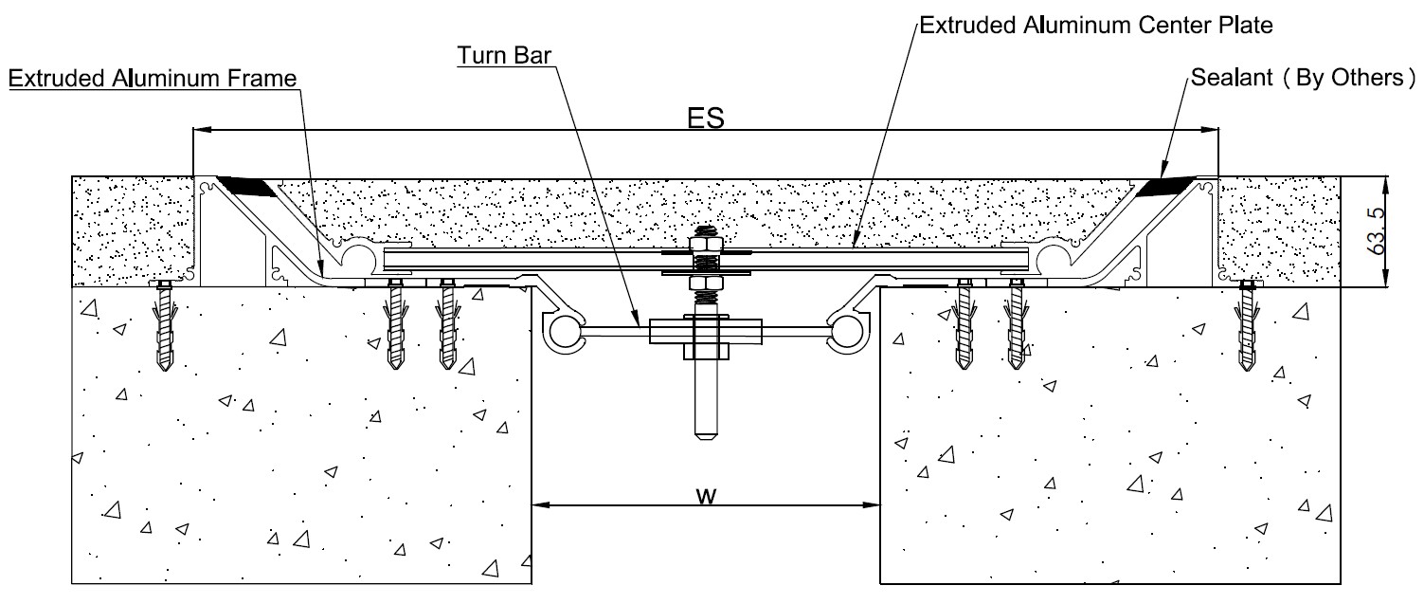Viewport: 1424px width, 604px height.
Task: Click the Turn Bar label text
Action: coord(503,55)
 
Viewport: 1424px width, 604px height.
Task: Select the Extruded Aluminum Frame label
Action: coord(153,79)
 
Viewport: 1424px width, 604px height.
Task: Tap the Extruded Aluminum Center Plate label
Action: coord(1096,25)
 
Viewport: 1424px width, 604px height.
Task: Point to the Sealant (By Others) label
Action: coord(1304,77)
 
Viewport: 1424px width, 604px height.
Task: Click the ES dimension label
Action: coord(706,119)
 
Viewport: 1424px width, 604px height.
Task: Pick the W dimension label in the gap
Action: coord(706,495)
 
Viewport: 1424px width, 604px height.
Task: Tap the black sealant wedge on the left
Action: coord(249,186)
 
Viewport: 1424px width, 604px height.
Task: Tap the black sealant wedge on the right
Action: coord(1164,186)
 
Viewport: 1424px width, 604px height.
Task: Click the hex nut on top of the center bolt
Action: coord(706,245)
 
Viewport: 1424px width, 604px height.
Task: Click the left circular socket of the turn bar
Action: coord(563,332)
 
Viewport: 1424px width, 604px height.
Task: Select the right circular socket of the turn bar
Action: coord(847,332)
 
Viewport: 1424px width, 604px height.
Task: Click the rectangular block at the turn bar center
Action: coord(706,332)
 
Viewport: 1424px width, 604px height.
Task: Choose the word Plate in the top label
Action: coord(1245,25)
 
